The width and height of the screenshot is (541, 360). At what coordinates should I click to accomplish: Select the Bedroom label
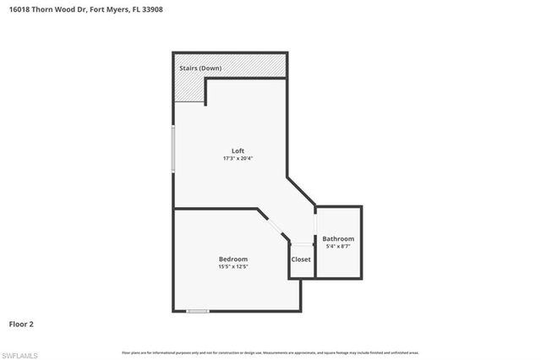[x=232, y=259]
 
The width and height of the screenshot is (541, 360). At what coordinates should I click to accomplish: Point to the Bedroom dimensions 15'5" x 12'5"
[x=232, y=266]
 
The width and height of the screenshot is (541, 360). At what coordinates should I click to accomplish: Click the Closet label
[x=301, y=259]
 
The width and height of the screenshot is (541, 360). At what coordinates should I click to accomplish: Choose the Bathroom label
[x=338, y=239]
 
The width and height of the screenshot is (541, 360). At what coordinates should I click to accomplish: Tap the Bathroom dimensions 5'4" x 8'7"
[x=338, y=247]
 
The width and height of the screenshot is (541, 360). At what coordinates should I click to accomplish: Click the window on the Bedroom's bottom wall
[x=198, y=311]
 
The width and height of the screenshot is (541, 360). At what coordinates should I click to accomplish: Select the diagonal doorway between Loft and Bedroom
[x=270, y=225]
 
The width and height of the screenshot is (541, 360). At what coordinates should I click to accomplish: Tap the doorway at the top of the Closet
[x=302, y=243]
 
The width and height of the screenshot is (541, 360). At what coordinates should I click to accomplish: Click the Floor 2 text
[x=22, y=324]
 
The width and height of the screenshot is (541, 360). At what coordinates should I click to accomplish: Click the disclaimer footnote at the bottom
[x=270, y=352]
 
